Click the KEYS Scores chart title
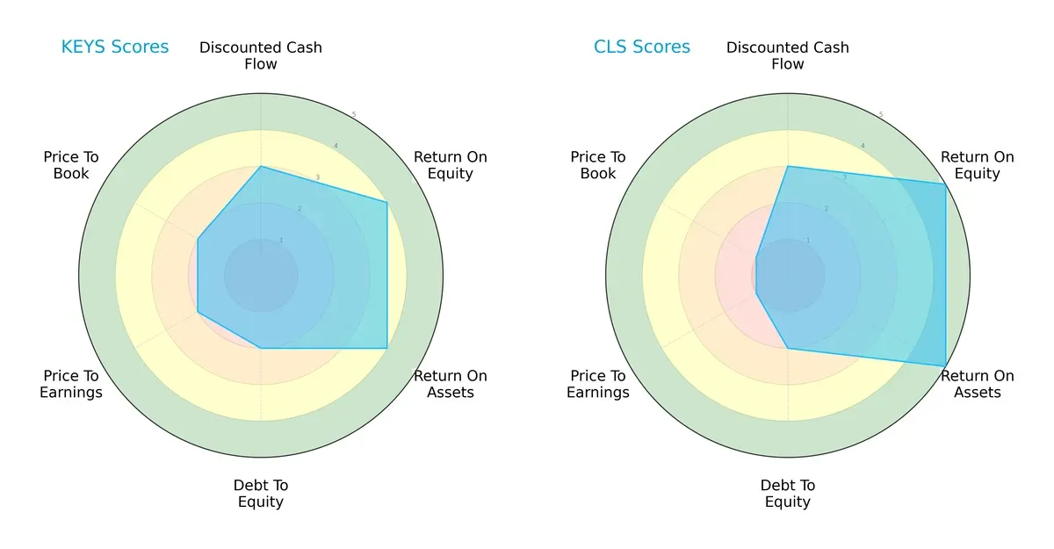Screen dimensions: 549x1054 [115, 47]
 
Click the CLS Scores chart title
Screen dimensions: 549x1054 [642, 47]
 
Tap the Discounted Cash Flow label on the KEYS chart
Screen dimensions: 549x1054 [261, 55]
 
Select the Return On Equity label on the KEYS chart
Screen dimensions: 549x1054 [451, 165]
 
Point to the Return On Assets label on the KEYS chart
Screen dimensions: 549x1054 [451, 384]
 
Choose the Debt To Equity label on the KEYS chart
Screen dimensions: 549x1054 [261, 494]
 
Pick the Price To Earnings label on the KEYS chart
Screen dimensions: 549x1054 [71, 384]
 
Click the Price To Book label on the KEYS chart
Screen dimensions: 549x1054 [71, 165]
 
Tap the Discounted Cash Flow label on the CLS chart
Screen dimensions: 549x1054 [788, 55]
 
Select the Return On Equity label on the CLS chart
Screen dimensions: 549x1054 [978, 165]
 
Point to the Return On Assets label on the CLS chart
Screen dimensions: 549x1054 [978, 384]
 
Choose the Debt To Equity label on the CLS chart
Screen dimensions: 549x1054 [788, 494]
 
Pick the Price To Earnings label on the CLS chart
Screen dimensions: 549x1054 [598, 384]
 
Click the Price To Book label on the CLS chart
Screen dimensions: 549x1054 [598, 165]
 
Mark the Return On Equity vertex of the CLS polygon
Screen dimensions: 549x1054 [945, 184]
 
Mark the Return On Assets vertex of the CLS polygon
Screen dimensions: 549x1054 [945, 365]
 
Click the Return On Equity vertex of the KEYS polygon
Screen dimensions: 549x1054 [387, 202]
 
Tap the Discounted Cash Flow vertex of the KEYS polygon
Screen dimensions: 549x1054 [261, 166]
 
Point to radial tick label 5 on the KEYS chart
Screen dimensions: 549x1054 [353, 115]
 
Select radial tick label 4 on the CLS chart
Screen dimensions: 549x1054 [862, 146]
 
